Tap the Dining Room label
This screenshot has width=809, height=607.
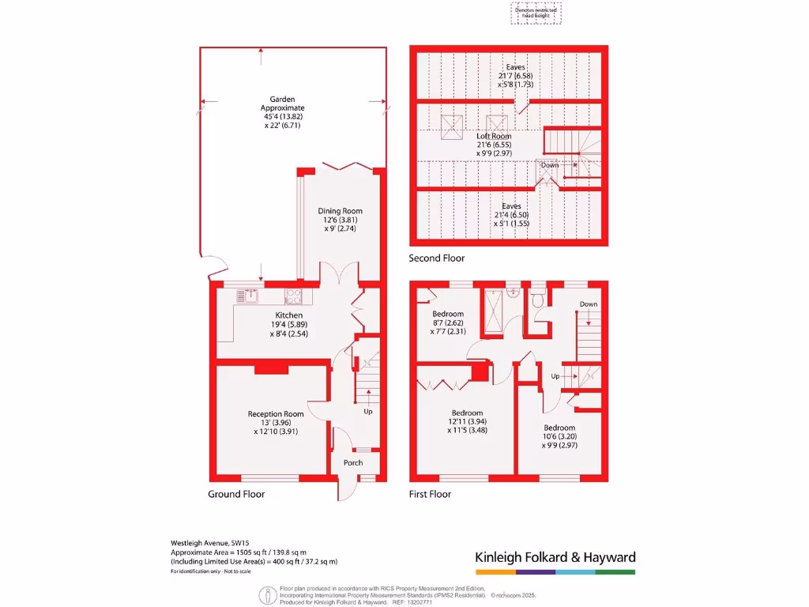(x=340, y=211)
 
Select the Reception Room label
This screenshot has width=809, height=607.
(x=276, y=413)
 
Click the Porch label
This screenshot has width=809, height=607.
(x=352, y=463)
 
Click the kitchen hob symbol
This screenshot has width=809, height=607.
(x=293, y=296)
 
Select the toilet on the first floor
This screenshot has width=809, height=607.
(x=539, y=298)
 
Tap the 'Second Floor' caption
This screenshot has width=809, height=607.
(x=436, y=258)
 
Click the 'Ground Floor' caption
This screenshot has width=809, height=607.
(x=236, y=494)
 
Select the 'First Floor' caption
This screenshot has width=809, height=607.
(x=430, y=494)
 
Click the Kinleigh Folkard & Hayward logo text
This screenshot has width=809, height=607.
(x=555, y=557)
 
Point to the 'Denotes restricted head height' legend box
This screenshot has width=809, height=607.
(x=536, y=13)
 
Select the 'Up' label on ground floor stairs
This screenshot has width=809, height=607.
(x=368, y=412)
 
